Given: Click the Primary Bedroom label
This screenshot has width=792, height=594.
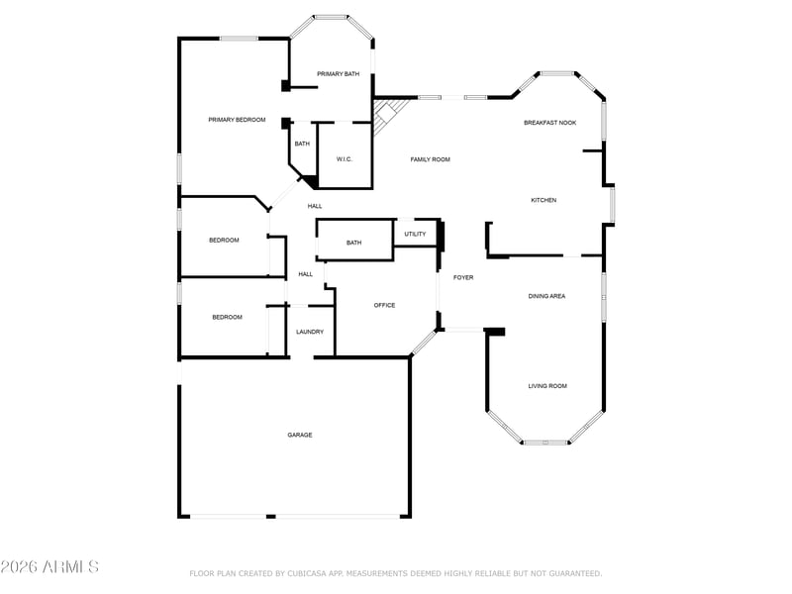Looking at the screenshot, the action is [x=237, y=120].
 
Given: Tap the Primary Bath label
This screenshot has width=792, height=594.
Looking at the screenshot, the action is [x=338, y=73].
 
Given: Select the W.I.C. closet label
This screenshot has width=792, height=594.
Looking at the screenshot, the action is [x=345, y=159].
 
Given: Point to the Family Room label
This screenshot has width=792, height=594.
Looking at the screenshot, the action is [x=430, y=159].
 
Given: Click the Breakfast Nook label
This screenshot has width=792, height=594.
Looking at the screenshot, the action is [x=550, y=123].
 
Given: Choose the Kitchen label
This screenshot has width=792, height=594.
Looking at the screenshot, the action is [x=544, y=200].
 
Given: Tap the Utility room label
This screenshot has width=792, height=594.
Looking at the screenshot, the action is [x=415, y=234].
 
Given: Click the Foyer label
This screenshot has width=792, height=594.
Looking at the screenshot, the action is [x=463, y=277].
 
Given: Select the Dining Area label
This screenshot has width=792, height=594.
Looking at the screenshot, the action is [x=546, y=296].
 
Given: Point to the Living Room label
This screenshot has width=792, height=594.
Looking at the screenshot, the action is [x=547, y=386].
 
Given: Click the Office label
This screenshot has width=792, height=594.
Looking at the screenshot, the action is [x=384, y=305].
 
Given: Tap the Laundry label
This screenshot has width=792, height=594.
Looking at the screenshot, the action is [x=310, y=332].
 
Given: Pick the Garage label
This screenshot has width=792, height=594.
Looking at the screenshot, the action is [x=300, y=435].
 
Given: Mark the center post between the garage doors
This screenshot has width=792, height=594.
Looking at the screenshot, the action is [x=270, y=516].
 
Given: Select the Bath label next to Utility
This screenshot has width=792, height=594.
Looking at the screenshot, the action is [x=353, y=243].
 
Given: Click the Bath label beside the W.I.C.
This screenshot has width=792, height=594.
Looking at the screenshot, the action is [x=302, y=144].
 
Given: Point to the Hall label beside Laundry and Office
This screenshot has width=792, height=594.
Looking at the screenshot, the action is [x=306, y=274].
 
